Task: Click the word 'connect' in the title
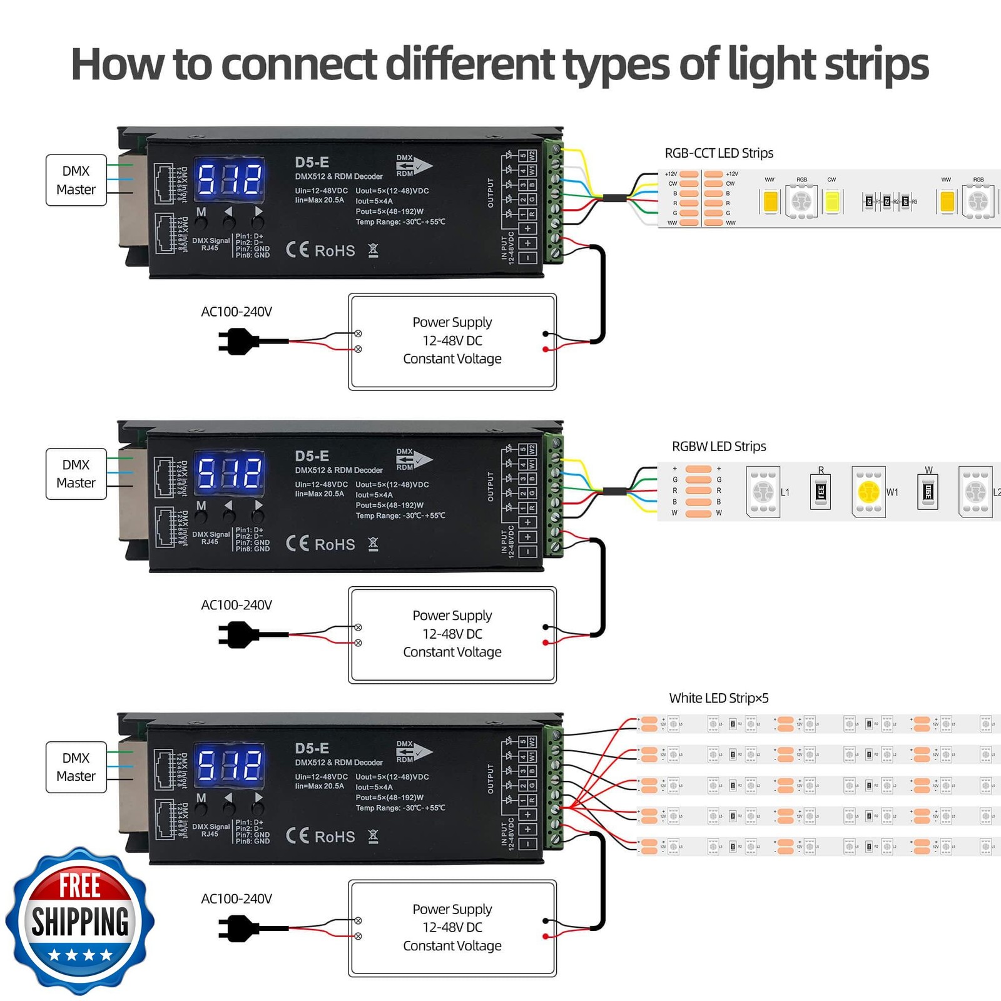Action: click(298, 64)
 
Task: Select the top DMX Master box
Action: click(76, 180)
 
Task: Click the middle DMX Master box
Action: click(76, 474)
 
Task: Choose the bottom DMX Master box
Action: click(76, 767)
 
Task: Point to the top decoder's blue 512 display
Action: click(230, 178)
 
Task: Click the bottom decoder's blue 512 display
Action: click(230, 765)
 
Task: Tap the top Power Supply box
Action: click(452, 341)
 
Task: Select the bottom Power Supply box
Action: click(452, 928)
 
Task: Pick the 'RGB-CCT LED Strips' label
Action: click(719, 153)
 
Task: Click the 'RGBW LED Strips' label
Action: click(719, 447)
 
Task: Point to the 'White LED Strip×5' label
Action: click(719, 698)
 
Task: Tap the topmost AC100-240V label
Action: click(236, 312)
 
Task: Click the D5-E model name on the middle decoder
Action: click(312, 456)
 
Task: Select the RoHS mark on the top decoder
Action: click(335, 251)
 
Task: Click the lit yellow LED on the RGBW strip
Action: click(868, 492)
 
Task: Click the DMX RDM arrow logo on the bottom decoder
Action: click(413, 751)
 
